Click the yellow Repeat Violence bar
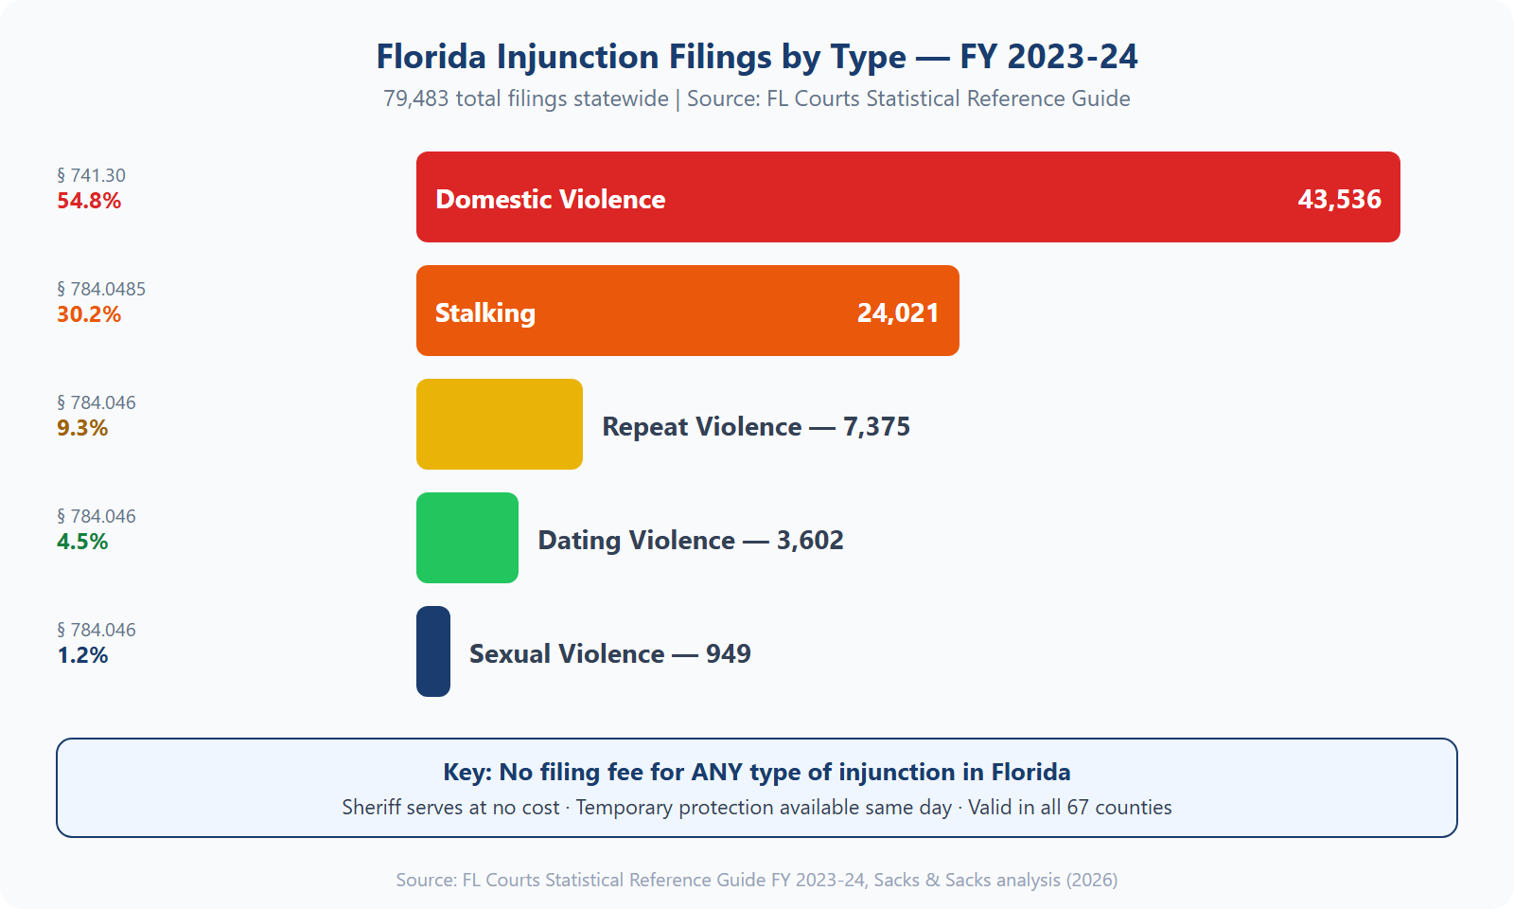click(499, 424)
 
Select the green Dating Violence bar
click(467, 538)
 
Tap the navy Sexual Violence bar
click(433, 651)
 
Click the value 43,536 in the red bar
click(1339, 199)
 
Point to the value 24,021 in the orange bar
click(897, 312)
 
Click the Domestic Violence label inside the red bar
click(550, 199)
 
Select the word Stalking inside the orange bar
click(484, 312)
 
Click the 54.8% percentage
click(89, 201)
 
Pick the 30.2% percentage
click(89, 314)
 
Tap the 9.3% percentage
click(82, 428)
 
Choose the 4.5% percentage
click(82, 542)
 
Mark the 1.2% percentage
click(82, 655)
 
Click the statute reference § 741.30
click(91, 175)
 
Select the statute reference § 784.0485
click(101, 289)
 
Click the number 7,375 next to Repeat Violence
click(876, 426)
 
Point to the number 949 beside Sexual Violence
click(728, 653)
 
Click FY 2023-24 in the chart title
click(1048, 57)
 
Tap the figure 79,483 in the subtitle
click(416, 98)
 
